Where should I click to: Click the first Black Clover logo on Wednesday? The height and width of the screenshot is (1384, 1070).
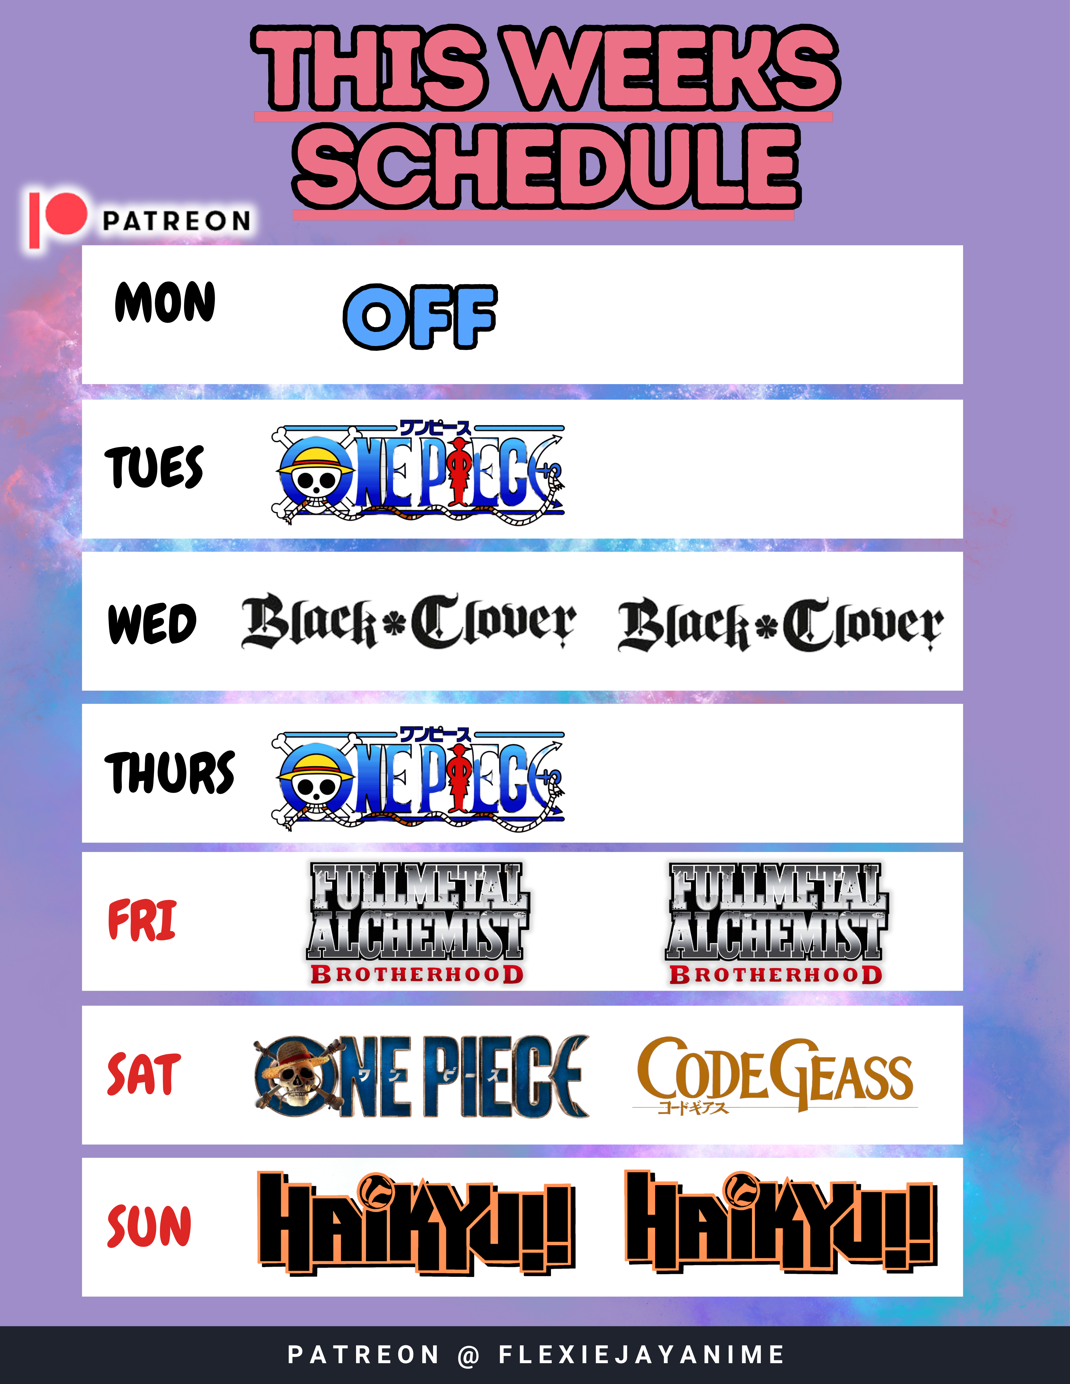click(409, 621)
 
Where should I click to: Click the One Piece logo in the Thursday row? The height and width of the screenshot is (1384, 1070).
click(418, 778)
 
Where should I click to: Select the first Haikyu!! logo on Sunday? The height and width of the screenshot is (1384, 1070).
click(416, 1223)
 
